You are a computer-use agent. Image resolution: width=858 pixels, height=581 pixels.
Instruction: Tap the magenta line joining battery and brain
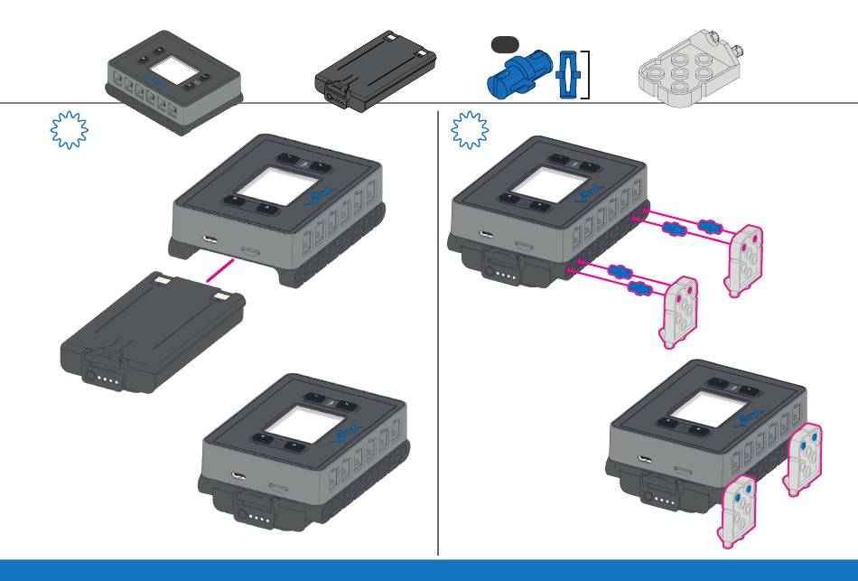pos(223,267)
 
